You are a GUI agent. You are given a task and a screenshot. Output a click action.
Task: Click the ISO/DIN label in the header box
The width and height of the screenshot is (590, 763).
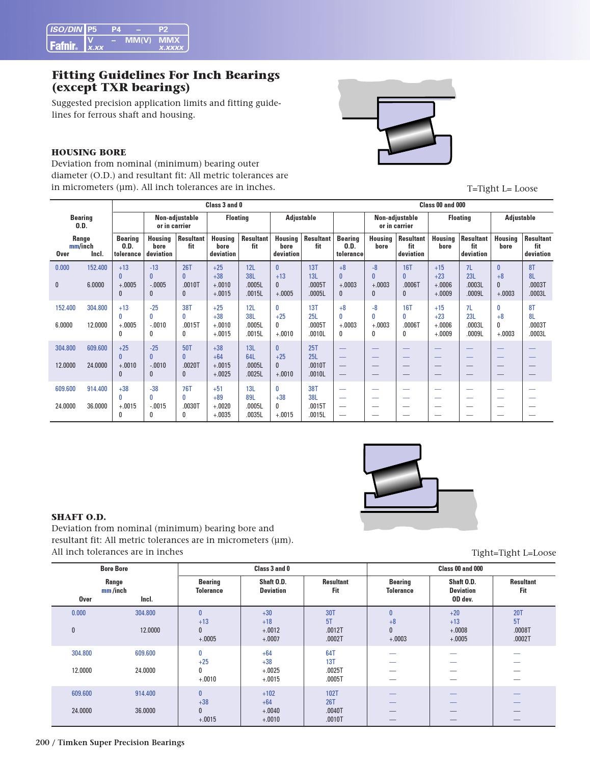(66, 30)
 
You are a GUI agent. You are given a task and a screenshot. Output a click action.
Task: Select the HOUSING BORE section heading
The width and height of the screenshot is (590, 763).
(89, 152)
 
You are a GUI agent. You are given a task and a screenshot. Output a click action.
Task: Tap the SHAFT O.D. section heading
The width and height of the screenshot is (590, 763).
(78, 517)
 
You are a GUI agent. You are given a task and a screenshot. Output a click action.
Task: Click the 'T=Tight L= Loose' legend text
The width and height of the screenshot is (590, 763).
(502, 188)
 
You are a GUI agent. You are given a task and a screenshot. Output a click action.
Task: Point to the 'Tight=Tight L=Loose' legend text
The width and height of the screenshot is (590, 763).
(513, 553)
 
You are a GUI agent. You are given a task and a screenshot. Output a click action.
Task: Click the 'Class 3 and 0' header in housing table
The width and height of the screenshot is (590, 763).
(224, 205)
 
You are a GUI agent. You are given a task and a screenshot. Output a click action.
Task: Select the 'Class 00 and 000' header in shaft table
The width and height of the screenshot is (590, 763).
(460, 569)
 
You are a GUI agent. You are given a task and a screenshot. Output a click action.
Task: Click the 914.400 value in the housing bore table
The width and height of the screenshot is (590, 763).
(97, 389)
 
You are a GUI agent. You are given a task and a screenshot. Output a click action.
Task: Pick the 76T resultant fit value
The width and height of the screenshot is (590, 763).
(187, 389)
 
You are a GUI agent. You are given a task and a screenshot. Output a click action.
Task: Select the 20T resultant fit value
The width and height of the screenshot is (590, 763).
(518, 613)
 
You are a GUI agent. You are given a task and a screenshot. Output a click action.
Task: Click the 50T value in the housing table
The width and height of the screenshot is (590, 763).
(187, 348)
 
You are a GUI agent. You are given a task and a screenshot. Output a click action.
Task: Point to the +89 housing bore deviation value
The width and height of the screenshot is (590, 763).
(218, 397)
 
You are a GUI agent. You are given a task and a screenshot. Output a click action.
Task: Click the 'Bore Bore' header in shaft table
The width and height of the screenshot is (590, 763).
(114, 569)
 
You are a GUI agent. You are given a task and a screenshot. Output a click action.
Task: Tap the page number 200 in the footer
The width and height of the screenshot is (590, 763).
(42, 743)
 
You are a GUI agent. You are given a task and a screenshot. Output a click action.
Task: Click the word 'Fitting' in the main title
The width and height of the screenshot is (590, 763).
(72, 75)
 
